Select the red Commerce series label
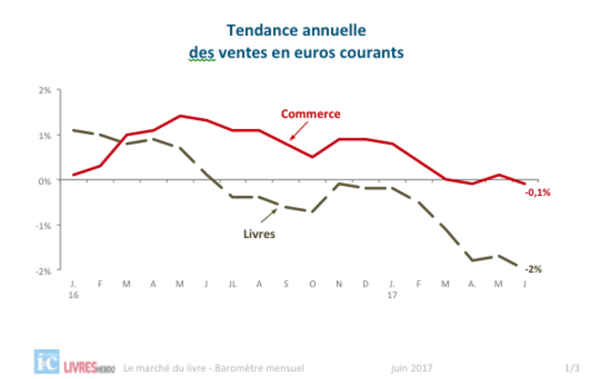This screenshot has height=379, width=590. (311, 114)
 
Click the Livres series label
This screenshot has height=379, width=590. (259, 233)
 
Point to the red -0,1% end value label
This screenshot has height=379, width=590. (538, 192)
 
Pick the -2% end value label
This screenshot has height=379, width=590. (533, 269)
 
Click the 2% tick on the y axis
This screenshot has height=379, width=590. (45, 91)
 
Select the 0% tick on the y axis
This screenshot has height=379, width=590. (45, 181)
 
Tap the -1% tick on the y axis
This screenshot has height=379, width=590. (43, 226)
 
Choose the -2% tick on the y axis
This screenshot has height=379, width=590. (43, 271)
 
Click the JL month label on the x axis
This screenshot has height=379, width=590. (233, 284)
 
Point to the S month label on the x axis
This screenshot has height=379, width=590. (286, 284)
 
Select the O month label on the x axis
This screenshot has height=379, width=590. (312, 284)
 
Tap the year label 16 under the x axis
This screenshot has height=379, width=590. (73, 295)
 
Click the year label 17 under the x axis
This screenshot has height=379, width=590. (392, 295)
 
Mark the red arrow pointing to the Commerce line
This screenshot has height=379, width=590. (299, 131)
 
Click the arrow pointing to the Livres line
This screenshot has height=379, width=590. (268, 216)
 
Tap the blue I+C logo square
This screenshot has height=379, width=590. (47, 362)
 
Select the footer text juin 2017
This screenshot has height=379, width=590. (411, 368)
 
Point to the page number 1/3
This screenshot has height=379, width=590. (572, 368)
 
